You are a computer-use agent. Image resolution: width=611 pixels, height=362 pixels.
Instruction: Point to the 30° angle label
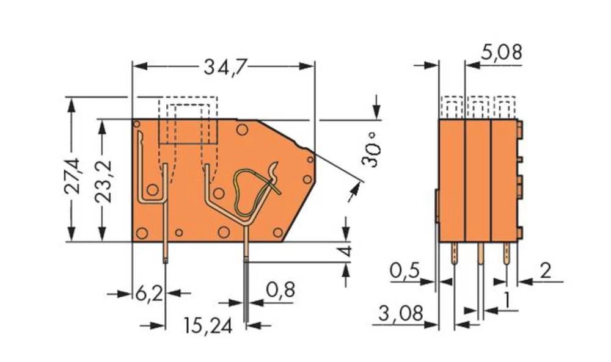pos(371,149)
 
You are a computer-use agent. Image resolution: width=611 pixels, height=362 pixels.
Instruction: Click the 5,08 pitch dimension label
pos(501,53)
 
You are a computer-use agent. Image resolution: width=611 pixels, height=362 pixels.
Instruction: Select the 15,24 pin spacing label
pos(208,327)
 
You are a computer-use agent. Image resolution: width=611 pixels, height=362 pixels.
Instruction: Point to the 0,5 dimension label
pos(406,270)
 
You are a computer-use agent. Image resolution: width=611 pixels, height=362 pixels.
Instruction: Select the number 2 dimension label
pos(546,270)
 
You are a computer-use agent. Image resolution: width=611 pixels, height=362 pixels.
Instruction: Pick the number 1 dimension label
pos(507,300)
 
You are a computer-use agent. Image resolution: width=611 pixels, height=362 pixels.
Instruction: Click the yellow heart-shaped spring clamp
pos(252,189)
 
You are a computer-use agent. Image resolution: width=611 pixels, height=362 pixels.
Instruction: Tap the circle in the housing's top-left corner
pos(137,125)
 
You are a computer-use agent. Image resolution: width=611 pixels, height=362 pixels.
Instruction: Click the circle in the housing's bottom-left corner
pos(141,233)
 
